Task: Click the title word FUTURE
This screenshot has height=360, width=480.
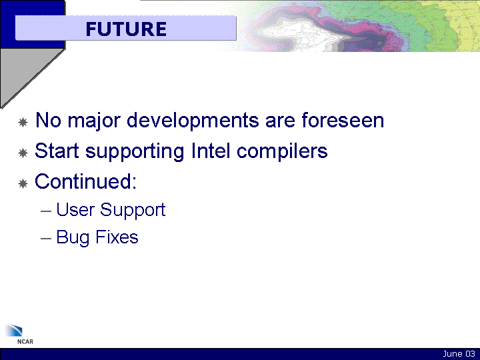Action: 126,29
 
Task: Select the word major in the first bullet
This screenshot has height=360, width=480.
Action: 94,121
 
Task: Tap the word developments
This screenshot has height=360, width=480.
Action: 193,120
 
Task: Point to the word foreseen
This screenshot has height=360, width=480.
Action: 343,120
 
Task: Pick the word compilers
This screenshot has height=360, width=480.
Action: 282,151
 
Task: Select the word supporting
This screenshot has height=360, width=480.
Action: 135,151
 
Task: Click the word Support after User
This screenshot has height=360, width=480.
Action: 133,211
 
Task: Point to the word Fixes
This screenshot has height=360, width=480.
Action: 117,237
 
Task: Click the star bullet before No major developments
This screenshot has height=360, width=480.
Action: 23,123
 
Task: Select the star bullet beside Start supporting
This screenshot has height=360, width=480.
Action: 23,153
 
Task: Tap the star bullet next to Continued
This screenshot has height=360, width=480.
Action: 23,184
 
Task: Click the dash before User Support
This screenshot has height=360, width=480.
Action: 45,211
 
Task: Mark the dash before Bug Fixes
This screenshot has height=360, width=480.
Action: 45,239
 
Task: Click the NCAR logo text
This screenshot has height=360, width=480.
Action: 25,341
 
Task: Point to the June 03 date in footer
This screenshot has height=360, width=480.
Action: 459,354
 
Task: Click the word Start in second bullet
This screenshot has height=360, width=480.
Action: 57,151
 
